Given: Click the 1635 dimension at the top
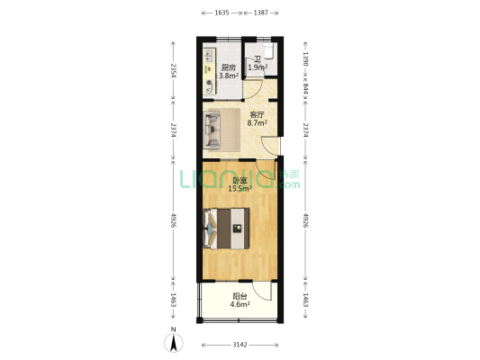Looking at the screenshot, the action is (222, 13).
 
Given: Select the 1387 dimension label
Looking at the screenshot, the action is (261, 13).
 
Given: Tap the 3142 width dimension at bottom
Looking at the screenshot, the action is (240, 345).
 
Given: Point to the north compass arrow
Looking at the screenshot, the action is (174, 343).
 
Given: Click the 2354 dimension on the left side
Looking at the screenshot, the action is (173, 71).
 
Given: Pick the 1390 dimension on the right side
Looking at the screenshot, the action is (305, 58).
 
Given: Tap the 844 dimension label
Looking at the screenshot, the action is (305, 88).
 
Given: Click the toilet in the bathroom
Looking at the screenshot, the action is (268, 50).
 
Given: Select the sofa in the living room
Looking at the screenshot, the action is (213, 130).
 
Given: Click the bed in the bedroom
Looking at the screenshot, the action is (227, 229).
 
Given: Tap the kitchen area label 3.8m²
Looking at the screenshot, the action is (228, 76).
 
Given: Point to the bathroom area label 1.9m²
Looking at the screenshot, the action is (258, 67).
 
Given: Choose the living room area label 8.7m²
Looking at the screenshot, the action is (257, 123).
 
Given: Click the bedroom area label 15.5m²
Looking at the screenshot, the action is (240, 188).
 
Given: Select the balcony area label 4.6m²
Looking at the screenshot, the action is (240, 304).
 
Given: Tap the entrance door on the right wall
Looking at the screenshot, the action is (272, 146).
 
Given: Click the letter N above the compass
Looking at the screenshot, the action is (174, 329).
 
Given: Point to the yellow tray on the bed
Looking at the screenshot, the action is (237, 229).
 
